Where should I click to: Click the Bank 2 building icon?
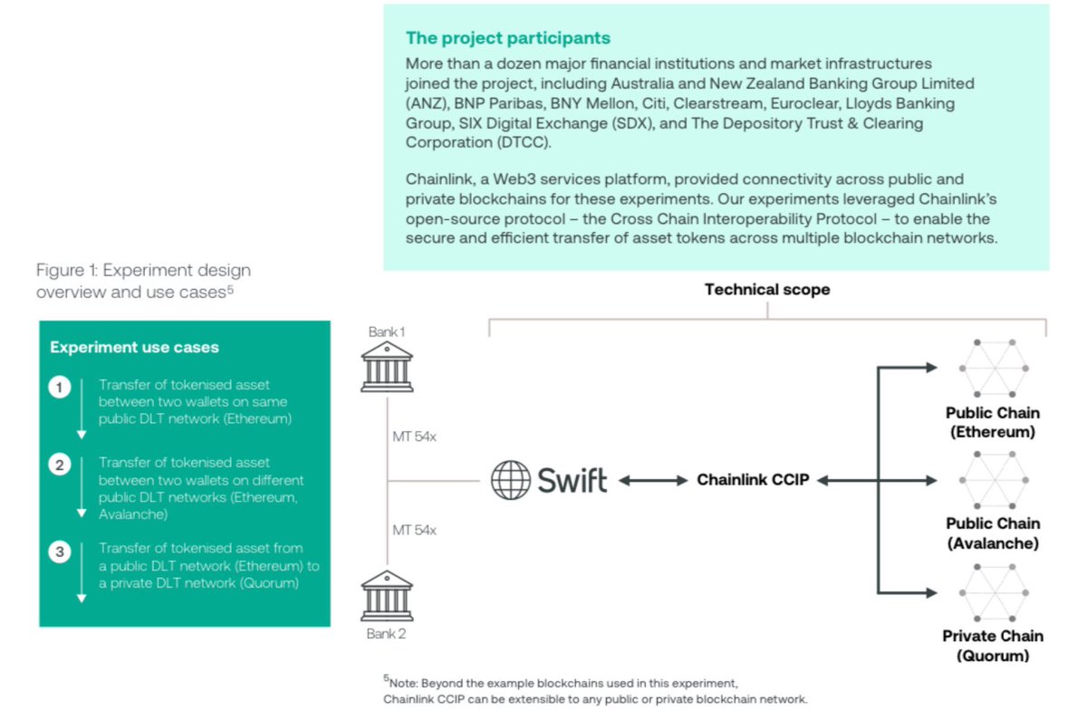click(387, 595)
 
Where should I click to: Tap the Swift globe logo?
click(510, 480)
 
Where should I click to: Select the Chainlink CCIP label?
click(753, 480)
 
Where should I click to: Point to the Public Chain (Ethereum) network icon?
click(994, 369)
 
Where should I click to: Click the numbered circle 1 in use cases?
click(60, 389)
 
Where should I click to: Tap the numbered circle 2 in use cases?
click(60, 466)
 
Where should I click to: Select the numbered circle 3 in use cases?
click(60, 552)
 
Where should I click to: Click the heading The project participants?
click(508, 38)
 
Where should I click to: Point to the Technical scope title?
click(767, 290)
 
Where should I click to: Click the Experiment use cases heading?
click(134, 348)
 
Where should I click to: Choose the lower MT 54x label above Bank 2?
click(414, 530)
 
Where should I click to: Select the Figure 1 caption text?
click(143, 281)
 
